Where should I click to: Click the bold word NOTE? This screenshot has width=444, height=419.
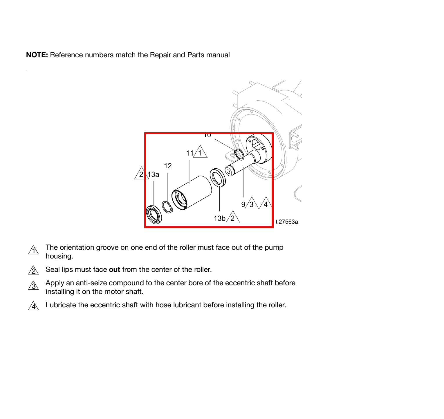[x=37, y=55]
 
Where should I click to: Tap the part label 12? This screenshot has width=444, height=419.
[x=168, y=166]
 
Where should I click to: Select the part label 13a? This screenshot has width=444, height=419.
[x=153, y=174]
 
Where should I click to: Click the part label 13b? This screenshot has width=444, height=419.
[x=220, y=218]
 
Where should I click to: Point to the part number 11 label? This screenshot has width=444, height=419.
[x=190, y=153]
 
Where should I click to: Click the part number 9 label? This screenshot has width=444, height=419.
[x=243, y=204]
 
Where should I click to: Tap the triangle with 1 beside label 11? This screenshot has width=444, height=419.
[x=200, y=152]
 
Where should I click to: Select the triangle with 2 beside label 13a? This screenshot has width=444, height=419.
[x=141, y=174]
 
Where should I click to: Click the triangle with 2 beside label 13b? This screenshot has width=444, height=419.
[x=233, y=217]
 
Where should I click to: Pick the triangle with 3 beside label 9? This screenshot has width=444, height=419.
[x=252, y=204]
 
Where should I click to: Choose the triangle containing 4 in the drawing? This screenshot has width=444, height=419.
[x=266, y=204]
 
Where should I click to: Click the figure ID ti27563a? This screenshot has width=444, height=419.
[x=287, y=222]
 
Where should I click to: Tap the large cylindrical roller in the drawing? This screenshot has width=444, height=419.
[x=192, y=192]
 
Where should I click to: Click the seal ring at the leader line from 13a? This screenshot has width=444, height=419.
[x=154, y=215]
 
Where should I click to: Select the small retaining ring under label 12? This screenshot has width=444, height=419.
[x=167, y=207]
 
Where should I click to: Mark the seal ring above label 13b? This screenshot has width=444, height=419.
[x=218, y=177]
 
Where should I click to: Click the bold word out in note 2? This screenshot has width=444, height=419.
[x=115, y=270]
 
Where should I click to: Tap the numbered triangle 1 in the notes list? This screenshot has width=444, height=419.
[x=33, y=250]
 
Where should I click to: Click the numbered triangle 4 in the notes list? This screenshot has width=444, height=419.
[x=33, y=306]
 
